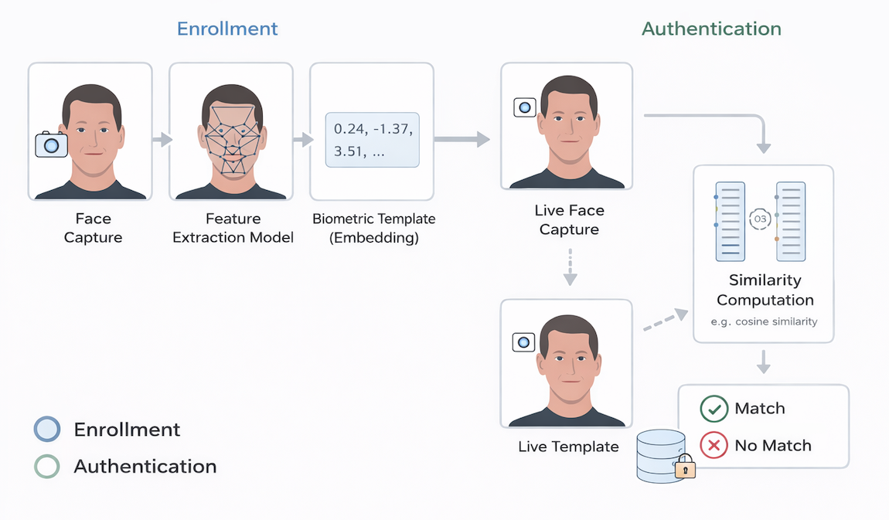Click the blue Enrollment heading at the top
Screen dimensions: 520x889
tap(227, 29)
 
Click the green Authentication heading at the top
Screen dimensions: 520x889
tap(711, 29)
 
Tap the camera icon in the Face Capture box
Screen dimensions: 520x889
tap(52, 144)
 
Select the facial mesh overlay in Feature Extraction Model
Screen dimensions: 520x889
tap(231, 138)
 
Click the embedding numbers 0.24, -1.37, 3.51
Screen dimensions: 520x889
tap(372, 139)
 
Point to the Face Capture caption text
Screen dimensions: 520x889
tap(93, 228)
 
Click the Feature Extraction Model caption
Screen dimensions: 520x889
tap(233, 228)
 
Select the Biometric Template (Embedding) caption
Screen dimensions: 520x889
tap(373, 228)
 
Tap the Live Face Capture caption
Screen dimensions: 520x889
tap(569, 219)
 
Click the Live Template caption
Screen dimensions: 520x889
tap(568, 447)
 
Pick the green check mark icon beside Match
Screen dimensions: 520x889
tap(714, 409)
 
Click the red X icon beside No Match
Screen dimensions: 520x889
tap(714, 446)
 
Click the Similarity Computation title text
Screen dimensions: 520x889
tap(765, 290)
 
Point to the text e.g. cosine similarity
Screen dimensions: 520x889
tap(765, 321)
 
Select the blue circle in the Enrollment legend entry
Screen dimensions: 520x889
tap(47, 430)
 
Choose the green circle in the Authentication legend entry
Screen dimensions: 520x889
tap(47, 467)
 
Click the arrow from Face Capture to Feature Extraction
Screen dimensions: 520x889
tap(162, 140)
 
